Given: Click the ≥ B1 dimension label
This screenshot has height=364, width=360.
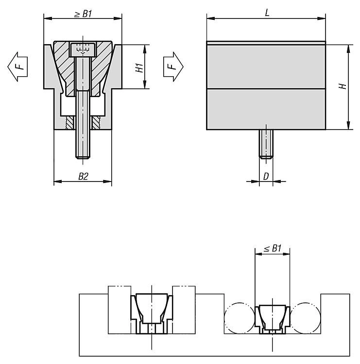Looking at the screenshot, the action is (83, 14).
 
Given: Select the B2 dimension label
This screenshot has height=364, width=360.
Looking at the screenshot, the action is (83, 177).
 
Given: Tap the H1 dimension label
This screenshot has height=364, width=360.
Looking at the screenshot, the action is (139, 67).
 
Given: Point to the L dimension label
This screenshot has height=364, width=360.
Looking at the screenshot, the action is (267, 13).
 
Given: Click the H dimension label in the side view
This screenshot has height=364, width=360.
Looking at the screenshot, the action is (343, 86).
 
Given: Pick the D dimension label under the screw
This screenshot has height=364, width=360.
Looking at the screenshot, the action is (266, 177).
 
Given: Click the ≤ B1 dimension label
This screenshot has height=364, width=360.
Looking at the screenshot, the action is (273, 248).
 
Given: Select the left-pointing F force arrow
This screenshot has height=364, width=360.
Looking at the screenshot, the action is (17, 66).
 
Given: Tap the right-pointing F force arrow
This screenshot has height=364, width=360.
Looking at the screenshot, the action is (173, 66).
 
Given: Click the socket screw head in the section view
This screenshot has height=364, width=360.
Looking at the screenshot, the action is (83, 50).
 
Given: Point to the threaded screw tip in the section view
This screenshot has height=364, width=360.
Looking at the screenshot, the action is (83, 153).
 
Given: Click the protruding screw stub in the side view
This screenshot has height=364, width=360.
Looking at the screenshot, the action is (266, 144).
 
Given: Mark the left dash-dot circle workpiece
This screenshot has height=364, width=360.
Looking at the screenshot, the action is (240, 317).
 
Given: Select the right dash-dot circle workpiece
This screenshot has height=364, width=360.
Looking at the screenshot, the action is (306, 317).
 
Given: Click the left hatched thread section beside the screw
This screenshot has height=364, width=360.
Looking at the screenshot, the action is (70, 123).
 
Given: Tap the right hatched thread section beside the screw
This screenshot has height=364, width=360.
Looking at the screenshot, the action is (96, 123).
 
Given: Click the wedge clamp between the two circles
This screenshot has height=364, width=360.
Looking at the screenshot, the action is (273, 319).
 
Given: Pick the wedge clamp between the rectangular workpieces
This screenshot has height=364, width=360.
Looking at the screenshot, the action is (152, 314).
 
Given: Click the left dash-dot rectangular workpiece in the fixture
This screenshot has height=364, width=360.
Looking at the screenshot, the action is (120, 310).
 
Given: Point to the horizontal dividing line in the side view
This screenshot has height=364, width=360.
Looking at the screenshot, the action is (266, 89).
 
